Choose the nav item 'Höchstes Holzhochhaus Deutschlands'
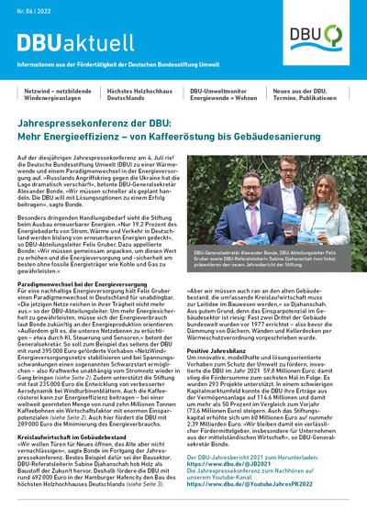point(139,95)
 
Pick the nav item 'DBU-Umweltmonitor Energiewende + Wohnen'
point(226,95)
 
